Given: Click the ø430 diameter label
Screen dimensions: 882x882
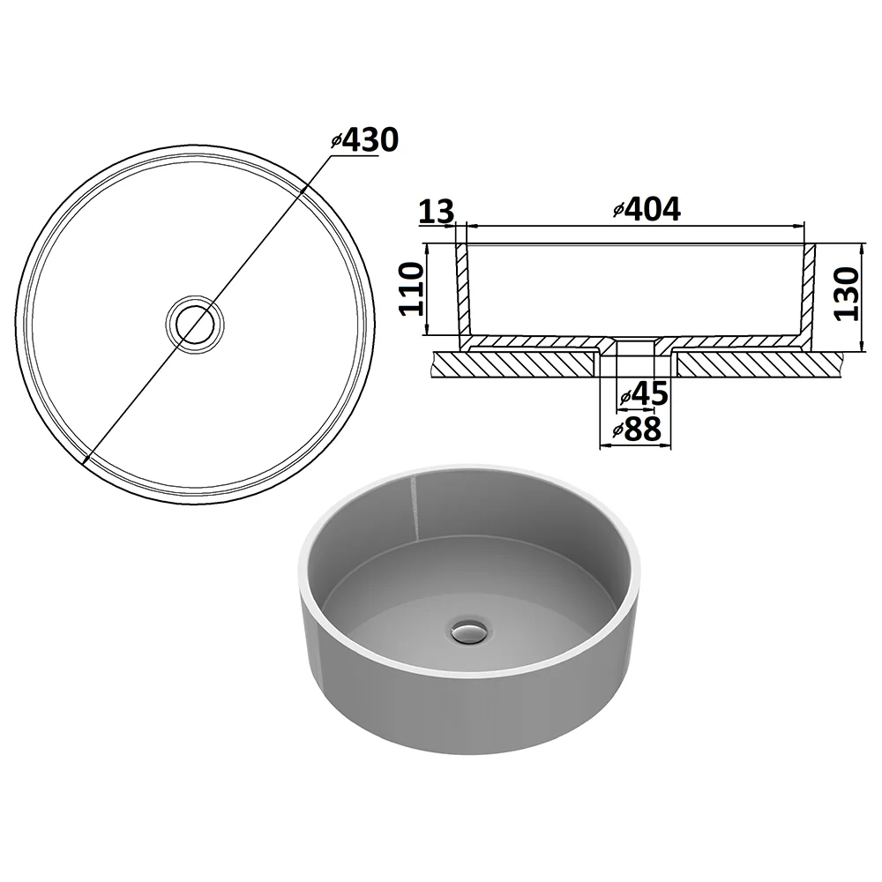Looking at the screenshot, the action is click(364, 140).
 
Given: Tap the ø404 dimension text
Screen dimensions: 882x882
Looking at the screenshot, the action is click(647, 209).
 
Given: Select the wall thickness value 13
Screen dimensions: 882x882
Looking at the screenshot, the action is click(437, 212).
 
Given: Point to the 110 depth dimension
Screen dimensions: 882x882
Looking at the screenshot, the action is click(412, 288).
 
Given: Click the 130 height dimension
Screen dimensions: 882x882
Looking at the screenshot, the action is click(847, 294).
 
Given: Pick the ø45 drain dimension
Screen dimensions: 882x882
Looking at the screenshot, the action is click(644, 393).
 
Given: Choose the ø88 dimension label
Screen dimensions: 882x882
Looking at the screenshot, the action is click(637, 430).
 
